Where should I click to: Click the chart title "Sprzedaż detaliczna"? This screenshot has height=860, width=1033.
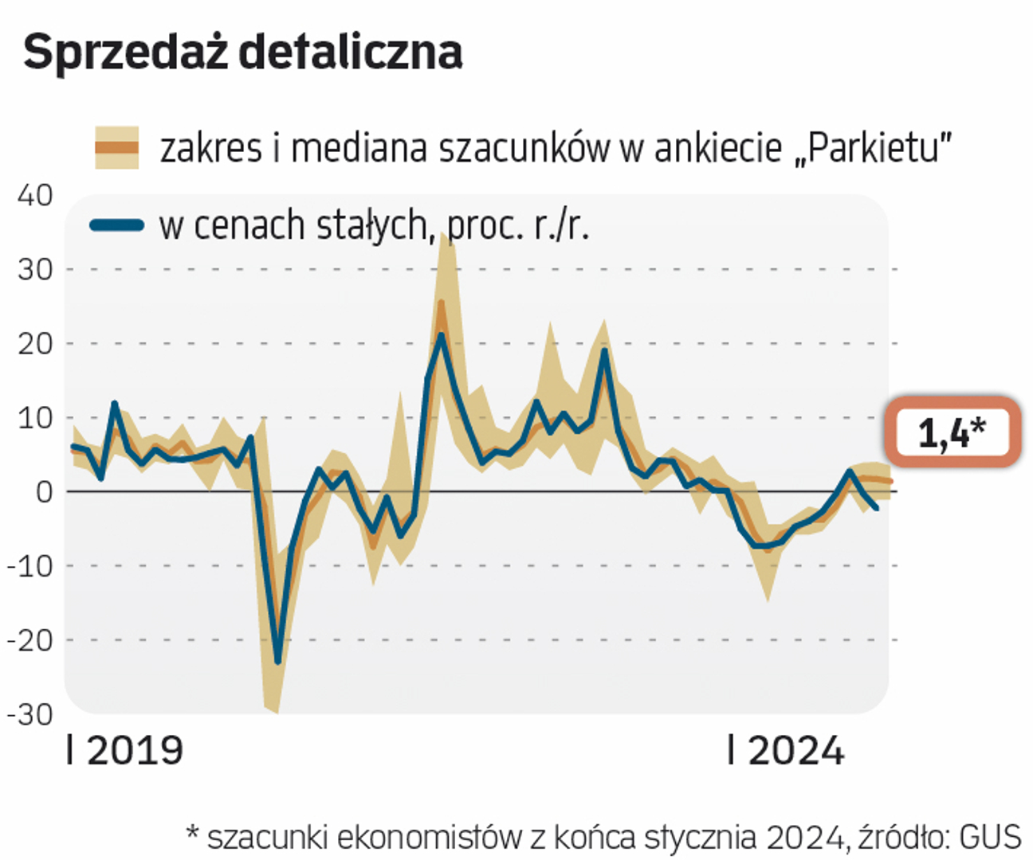[x=243, y=53]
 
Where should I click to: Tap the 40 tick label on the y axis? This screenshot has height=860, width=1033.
[x=35, y=195]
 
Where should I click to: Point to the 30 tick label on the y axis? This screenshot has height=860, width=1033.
[x=35, y=269]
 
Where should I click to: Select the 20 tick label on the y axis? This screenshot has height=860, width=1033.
[x=35, y=343]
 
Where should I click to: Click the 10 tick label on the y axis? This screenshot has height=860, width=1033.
[x=35, y=417]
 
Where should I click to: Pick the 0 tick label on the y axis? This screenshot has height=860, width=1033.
[x=44, y=491]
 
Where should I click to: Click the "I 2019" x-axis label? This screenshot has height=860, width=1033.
[x=125, y=751]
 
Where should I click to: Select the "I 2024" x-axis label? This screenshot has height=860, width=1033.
[x=786, y=751]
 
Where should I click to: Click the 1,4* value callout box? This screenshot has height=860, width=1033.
[x=952, y=431]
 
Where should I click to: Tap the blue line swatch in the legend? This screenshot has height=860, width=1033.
[x=117, y=225]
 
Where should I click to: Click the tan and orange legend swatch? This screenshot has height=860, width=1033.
[x=117, y=147]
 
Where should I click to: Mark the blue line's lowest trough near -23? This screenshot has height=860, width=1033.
[x=277, y=661]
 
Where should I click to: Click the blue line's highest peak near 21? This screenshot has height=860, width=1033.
[x=441, y=334]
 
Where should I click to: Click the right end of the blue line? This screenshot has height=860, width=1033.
[x=877, y=508]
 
